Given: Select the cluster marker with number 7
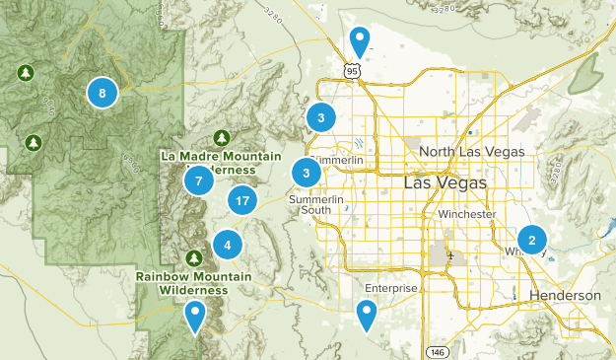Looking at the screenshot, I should coord(199,180).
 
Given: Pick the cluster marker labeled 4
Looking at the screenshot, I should coord(228,246).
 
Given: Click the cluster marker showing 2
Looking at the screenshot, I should coord(532,240).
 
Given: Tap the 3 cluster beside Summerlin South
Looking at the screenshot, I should coord(308,174).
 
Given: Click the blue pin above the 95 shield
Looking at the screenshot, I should coord(361,41).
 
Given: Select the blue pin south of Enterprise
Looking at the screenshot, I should coord(368,316).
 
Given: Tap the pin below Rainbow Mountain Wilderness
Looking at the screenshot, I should coord(196,317).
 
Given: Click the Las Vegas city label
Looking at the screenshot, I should coord(445,184).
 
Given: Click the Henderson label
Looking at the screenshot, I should coord(564,296).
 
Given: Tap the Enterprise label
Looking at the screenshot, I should coord(391,288).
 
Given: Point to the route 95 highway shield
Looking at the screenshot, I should coord(352,70).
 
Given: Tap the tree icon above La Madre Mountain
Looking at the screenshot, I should coord(222,137).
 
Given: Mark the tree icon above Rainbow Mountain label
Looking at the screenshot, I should coord(194,258).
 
